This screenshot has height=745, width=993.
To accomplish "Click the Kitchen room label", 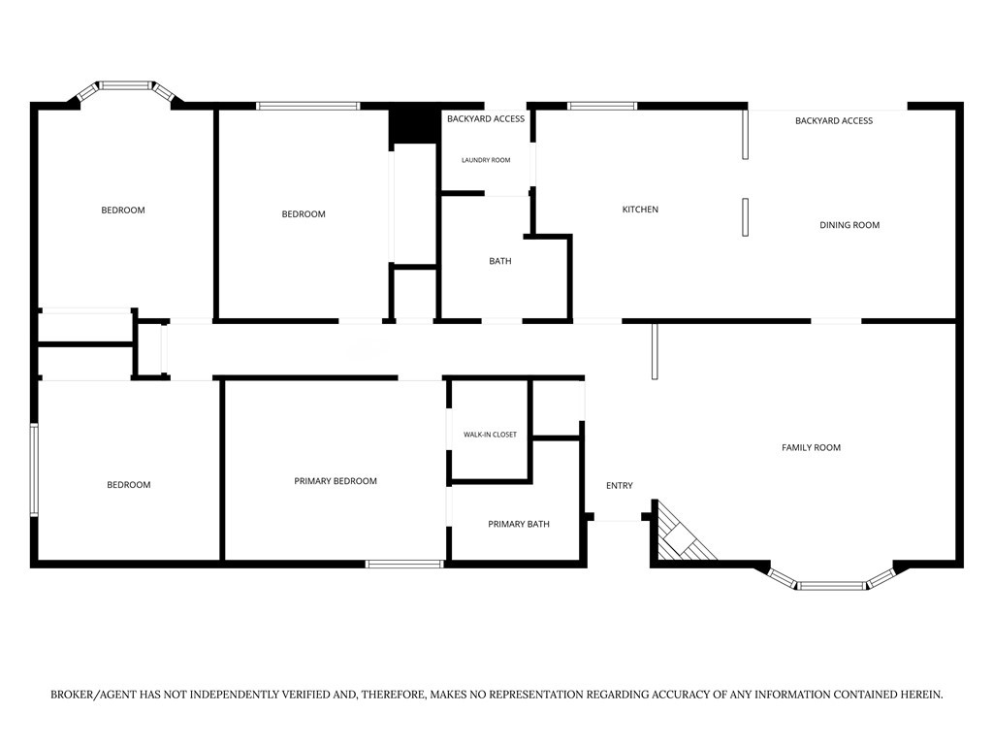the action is (640, 210).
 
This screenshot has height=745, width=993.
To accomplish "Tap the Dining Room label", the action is (849, 225).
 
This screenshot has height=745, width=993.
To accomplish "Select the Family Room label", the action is (812, 447).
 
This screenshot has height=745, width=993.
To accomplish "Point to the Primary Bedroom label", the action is (335, 481).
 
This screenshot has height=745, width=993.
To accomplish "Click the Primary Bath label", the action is (519, 524).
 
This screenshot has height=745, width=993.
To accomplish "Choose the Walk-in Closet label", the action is (490, 435).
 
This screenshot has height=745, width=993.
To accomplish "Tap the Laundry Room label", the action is (486, 160).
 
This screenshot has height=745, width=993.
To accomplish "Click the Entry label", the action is (620, 485).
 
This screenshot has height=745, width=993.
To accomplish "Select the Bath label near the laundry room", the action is (500, 261).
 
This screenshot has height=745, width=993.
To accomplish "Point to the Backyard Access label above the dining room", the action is (834, 120).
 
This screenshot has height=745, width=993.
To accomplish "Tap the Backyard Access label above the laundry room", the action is (486, 118).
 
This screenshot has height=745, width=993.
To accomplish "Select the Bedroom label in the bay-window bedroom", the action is (123, 210).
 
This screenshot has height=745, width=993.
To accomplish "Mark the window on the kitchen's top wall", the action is (602, 106).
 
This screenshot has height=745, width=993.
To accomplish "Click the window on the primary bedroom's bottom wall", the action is (404, 564).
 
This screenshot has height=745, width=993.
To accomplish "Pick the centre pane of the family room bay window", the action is (831, 585).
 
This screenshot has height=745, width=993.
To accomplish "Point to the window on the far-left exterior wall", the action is (35, 470).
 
